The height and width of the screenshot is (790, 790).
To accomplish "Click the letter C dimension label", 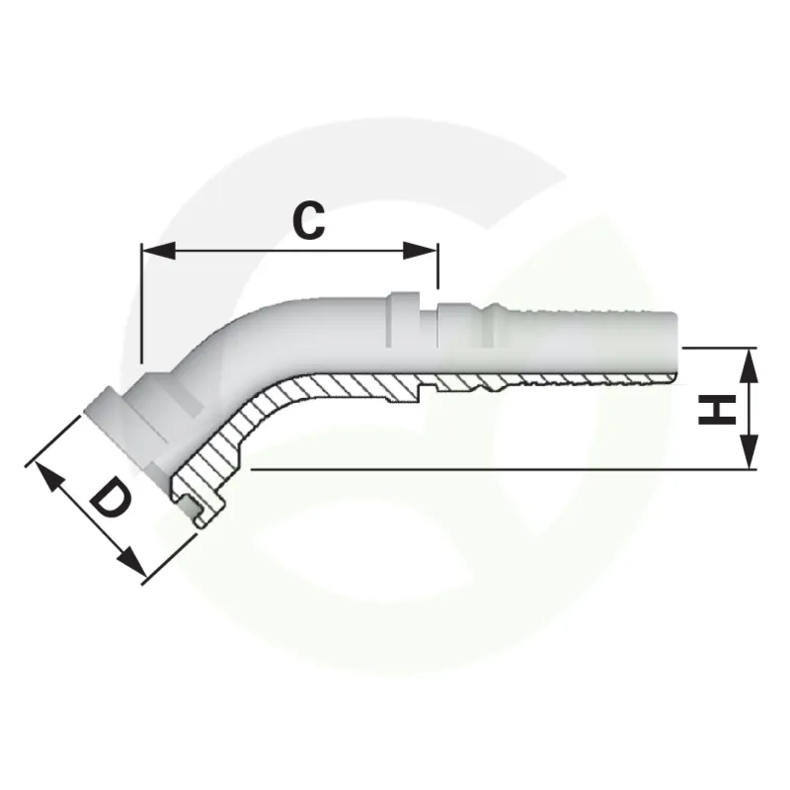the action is (x=309, y=220).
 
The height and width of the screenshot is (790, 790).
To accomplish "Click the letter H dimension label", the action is (x=718, y=410).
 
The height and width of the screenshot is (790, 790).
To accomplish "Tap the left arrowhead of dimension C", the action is (x=159, y=251).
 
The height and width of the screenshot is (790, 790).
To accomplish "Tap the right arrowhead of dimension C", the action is (x=421, y=251).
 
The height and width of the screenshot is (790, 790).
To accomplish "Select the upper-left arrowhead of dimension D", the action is (x=48, y=477).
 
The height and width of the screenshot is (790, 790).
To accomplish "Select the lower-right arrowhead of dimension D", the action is (x=132, y=562).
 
